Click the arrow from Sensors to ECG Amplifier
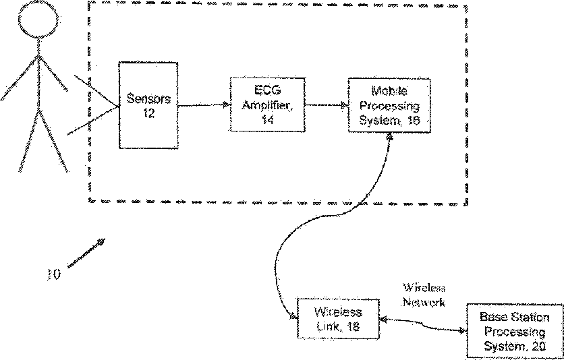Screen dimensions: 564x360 (204, 105)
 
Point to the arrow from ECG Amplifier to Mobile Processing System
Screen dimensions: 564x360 (327, 105)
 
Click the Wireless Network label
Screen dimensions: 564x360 (424, 295)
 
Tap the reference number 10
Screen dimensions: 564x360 (54, 274)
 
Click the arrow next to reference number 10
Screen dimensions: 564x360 (86, 253)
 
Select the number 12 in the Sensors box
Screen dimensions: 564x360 (148, 113)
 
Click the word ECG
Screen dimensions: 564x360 (267, 91)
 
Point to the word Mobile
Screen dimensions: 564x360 (389, 91)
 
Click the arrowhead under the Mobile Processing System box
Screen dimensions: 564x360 (389, 137)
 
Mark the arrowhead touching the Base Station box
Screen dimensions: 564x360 (462, 330)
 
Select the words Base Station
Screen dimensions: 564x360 (515, 318)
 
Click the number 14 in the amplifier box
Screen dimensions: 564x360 (267, 119)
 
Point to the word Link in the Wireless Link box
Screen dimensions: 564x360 (327, 326)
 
